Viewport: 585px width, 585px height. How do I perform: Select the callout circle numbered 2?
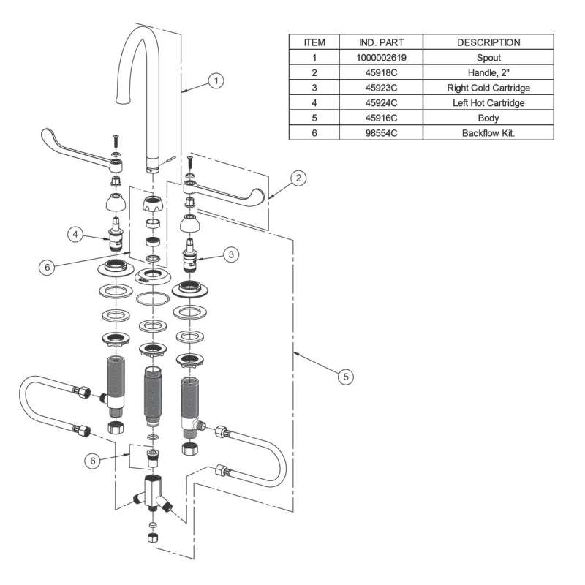[x=298, y=177]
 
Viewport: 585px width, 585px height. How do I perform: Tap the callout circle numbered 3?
[x=231, y=254]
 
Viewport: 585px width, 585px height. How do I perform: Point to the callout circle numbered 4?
[x=75, y=235]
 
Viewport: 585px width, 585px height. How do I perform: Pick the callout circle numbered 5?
[x=347, y=376]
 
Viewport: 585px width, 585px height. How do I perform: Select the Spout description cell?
[x=488, y=57]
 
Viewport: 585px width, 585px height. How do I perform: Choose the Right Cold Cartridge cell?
[x=488, y=88]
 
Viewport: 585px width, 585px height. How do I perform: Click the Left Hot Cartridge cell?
[x=488, y=103]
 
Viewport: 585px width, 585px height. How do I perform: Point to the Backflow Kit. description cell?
[x=488, y=134]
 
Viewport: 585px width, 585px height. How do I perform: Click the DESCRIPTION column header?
[x=488, y=42]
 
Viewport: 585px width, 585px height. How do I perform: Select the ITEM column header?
[x=314, y=42]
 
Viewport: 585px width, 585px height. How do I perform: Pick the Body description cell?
[x=488, y=118]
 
